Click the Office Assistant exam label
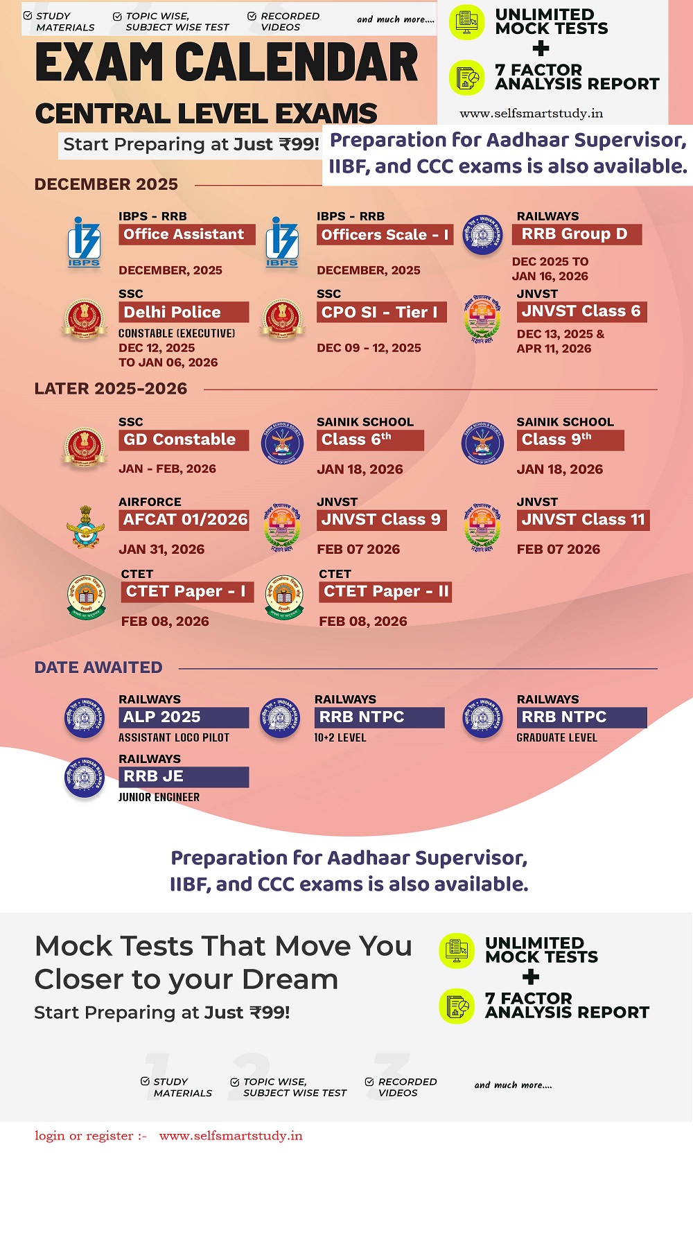coord(184,235)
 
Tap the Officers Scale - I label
coord(385,235)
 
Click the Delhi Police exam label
coord(183,312)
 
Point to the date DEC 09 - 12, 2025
coord(369,348)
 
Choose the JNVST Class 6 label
coord(581,311)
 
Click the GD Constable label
coord(183,440)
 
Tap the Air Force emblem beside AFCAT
coord(85,527)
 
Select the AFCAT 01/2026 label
coord(185,520)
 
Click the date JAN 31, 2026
coord(161,550)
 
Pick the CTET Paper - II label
coord(386,592)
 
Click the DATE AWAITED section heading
coord(98,667)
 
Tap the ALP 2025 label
coord(183,717)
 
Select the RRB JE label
coord(183,777)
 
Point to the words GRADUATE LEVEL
coord(556,738)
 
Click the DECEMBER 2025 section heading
coord(106,184)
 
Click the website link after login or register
coord(231,1136)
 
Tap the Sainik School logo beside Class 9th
coord(482,443)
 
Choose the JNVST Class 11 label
coord(583,520)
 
